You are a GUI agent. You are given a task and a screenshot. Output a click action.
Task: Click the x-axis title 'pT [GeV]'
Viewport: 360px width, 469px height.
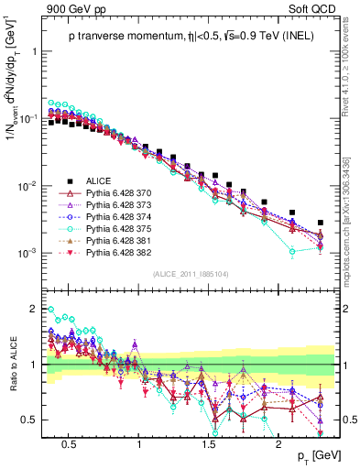click(314, 455)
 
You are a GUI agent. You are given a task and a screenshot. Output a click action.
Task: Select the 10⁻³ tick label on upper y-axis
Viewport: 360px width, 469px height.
click(32, 253)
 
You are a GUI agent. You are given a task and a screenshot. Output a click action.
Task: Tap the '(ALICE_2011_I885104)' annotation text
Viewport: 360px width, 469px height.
click(190, 274)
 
